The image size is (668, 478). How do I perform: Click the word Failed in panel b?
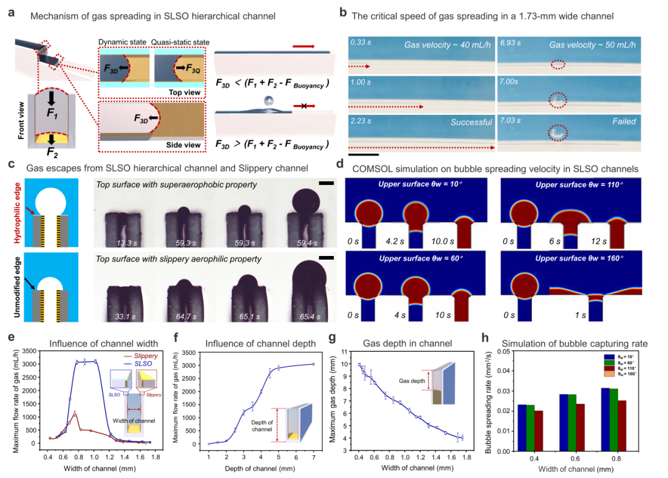click(623, 122)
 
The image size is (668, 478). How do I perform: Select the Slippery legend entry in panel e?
click(141, 356)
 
